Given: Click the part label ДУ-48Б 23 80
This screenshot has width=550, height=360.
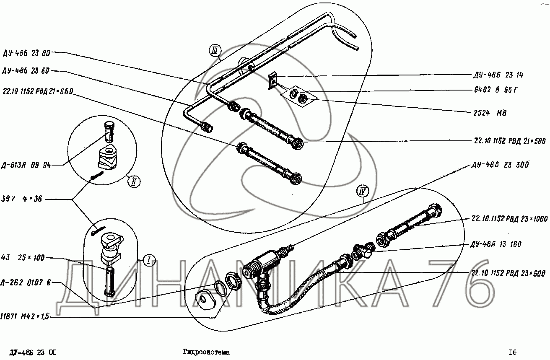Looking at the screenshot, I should [x=26, y=53].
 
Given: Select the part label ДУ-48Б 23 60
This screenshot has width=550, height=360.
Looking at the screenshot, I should [x=26, y=71].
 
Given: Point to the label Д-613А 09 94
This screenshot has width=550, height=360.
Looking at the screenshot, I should [x=26, y=165].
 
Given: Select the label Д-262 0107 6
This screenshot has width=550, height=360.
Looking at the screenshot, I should [x=26, y=282].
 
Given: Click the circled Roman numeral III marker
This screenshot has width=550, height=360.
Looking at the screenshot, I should [x=215, y=52].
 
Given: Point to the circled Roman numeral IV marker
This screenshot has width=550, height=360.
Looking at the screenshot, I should [x=362, y=192].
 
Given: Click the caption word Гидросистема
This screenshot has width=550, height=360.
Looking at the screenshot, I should [x=206, y=352].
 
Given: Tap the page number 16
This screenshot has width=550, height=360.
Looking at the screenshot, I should [x=512, y=352].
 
